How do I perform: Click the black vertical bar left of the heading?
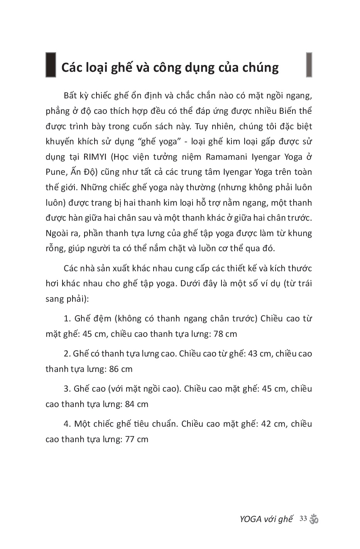51,65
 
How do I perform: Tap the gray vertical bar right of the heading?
309,65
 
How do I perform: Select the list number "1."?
68,319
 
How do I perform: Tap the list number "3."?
68,389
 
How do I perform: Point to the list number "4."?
68,424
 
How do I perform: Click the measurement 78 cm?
225,334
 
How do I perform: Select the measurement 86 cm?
121,369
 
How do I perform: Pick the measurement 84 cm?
137,404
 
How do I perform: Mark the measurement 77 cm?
137,439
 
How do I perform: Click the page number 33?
303,519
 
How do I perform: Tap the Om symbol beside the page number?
314,519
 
